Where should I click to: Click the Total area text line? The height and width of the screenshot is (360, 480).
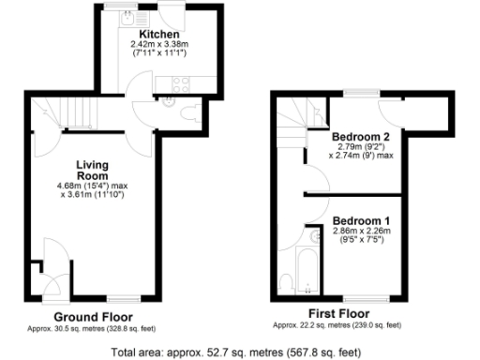[235, 353]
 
